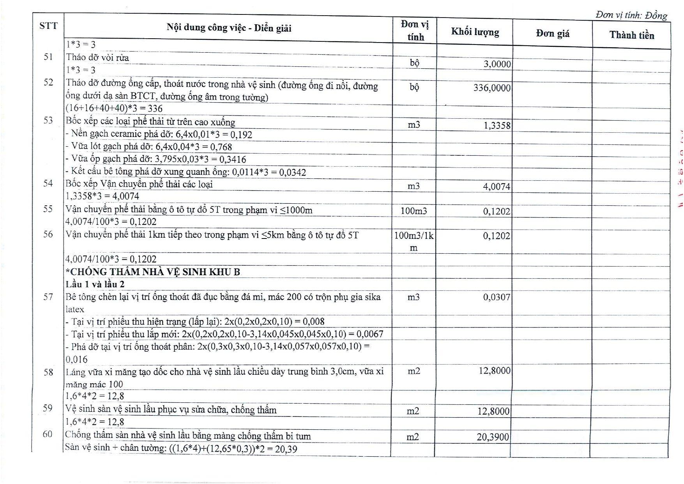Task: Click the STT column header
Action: pos(48,26)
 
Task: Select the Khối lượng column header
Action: pos(475,32)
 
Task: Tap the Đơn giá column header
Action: pos(552,34)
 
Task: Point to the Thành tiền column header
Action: pos(631,35)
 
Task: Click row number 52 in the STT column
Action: pos(48,82)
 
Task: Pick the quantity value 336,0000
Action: pos(492,88)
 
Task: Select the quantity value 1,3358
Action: pos(497,125)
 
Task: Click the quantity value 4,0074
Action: pos(497,187)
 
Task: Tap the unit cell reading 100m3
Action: pos(414,211)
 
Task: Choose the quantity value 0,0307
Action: pos(497,297)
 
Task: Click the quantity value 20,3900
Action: pos(493,437)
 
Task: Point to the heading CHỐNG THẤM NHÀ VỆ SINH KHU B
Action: pos(153,272)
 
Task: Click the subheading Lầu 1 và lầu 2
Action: pos(95,284)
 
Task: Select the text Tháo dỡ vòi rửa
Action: pos(97,58)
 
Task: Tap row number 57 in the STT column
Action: pos(48,297)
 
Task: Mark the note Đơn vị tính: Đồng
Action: pos(631,15)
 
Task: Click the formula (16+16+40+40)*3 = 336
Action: pos(114,109)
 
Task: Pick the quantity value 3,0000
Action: pos(497,64)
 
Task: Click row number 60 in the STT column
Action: pos(48,434)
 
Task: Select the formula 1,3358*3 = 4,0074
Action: pos(102,196)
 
